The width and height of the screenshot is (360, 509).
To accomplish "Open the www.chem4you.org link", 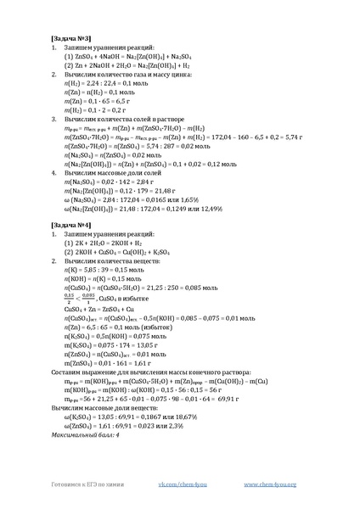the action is [271, 484].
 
